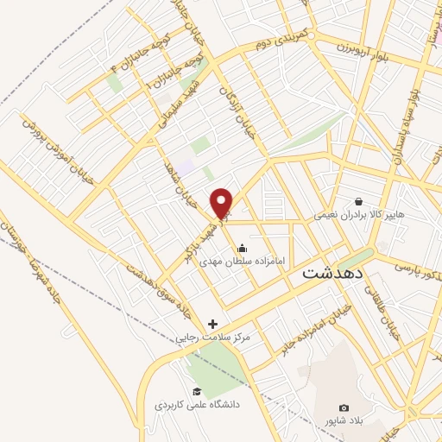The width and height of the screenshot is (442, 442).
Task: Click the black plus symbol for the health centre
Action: [213, 325]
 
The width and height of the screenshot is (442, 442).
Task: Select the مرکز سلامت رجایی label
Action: [214, 338]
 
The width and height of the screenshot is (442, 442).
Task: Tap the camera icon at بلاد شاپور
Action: [344, 407]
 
